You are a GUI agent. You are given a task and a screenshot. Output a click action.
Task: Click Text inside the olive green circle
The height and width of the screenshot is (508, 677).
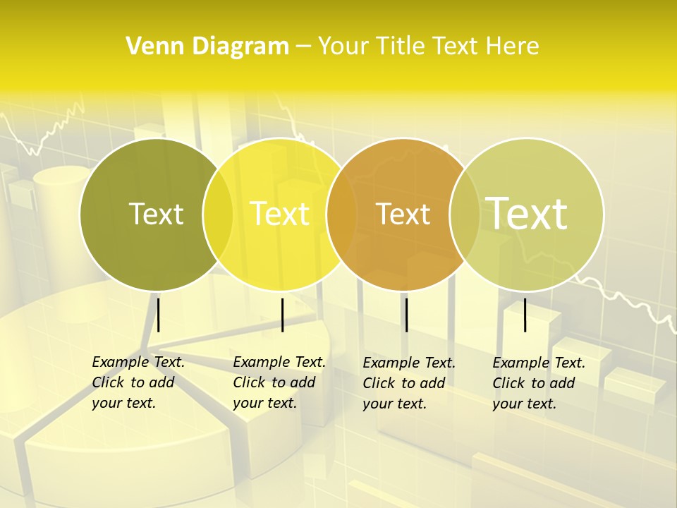tap(156, 214)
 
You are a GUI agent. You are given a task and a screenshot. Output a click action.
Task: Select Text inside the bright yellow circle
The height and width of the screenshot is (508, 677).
tap(280, 214)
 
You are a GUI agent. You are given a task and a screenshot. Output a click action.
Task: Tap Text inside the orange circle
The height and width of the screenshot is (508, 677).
tap(403, 214)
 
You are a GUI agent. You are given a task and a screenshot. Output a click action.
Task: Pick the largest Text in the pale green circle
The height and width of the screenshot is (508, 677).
tap(527, 214)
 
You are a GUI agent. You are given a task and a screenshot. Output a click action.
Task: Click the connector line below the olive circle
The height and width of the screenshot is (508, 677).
tap(159, 315)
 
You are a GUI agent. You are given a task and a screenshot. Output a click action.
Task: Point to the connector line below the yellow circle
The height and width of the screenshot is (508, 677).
tap(282, 315)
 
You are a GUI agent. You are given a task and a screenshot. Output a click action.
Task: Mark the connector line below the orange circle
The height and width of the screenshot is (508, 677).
tap(406, 315)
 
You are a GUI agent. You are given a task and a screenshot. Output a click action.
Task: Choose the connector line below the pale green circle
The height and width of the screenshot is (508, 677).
tap(525, 315)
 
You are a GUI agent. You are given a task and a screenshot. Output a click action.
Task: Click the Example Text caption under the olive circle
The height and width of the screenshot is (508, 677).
tap(138, 382)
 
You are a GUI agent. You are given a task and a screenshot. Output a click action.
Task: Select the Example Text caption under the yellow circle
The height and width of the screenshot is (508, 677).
tap(279, 382)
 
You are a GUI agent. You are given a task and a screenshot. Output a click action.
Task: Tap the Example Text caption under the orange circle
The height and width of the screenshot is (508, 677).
tap(408, 383)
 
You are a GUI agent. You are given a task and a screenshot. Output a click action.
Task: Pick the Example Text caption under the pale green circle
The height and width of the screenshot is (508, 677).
tap(538, 383)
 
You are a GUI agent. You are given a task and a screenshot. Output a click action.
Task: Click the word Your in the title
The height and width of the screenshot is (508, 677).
tap(343, 46)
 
